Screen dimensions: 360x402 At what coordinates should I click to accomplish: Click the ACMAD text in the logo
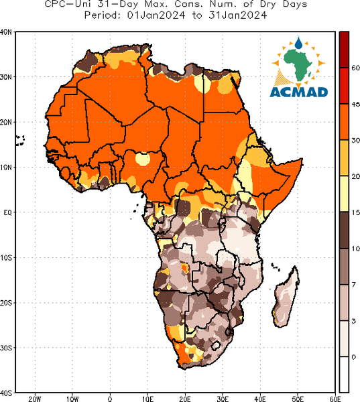[299, 92]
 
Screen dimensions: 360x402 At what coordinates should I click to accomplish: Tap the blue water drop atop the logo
[298, 43]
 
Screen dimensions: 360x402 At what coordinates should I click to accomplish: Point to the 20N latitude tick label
[5, 123]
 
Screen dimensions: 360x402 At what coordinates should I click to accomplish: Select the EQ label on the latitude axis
[7, 212]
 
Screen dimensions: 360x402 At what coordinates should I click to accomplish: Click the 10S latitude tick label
[6, 258]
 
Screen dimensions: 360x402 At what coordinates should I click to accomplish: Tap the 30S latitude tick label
[6, 348]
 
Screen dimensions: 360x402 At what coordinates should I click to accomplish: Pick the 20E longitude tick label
[185, 399]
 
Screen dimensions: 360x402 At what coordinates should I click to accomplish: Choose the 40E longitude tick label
[260, 399]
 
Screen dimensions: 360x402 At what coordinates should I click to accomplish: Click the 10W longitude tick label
[72, 399]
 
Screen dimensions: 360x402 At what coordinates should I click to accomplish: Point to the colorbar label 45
[355, 105]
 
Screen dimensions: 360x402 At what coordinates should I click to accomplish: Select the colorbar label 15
[355, 212]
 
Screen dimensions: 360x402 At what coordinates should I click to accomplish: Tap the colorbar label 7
[354, 285]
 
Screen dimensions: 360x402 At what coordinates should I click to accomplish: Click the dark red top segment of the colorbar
[344, 50]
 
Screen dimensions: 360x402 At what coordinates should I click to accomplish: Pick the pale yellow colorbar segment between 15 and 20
[344, 194]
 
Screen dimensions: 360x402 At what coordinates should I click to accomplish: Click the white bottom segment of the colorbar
[344, 375]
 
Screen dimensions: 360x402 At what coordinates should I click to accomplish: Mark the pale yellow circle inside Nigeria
[142, 159]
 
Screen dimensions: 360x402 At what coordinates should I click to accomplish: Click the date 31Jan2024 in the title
[237, 15]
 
